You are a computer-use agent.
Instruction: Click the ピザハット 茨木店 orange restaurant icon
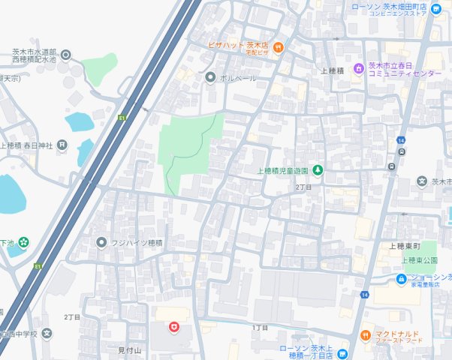coord(278,46)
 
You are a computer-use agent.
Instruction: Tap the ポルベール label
coord(238,77)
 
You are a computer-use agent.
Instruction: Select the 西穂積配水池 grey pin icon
coord(65,54)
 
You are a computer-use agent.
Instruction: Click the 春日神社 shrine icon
coord(62,145)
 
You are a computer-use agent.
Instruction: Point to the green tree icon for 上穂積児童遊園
coord(318,170)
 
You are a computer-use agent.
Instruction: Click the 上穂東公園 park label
coord(420,260)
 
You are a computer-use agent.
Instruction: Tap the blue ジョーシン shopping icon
coord(402,278)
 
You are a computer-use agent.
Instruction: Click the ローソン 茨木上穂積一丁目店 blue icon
coord(342,353)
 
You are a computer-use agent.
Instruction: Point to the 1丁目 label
coord(260,328)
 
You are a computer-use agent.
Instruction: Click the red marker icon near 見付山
coord(173,327)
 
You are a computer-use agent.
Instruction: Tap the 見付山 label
coord(129,349)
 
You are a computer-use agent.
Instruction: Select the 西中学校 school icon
coord(47,333)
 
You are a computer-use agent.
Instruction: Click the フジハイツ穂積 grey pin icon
coord(102,242)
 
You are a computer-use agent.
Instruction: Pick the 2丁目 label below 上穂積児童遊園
coord(303,187)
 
